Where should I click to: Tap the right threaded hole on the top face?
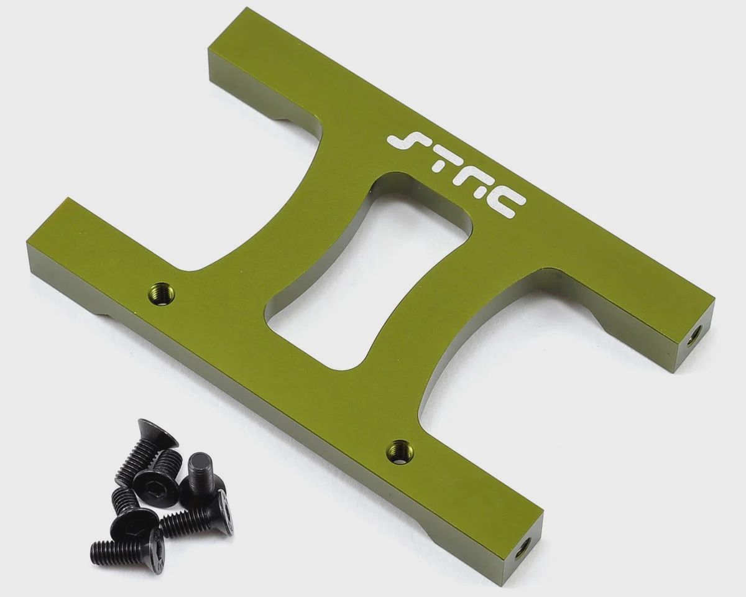pos(400,451)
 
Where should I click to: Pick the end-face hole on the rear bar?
pos(694,335)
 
